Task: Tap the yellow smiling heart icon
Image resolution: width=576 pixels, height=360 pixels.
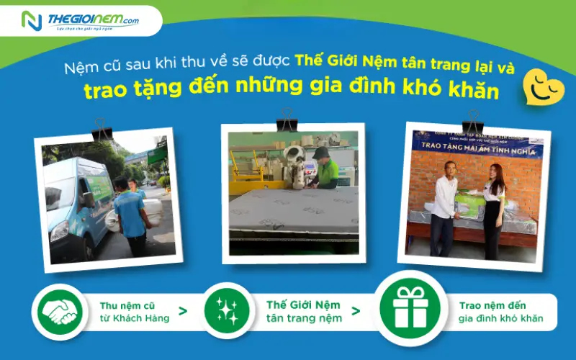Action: (543, 87)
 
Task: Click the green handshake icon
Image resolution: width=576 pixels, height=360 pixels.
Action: (60, 310)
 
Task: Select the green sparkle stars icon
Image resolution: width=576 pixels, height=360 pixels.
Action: (227, 310)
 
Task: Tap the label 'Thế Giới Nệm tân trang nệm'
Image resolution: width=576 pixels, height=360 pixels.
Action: (303, 311)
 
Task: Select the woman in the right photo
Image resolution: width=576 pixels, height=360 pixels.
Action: (495, 209)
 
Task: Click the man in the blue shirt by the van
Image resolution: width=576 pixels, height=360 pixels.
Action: (131, 216)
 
